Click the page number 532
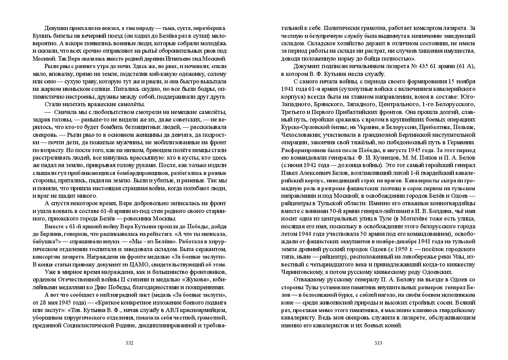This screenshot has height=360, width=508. tap(129, 343)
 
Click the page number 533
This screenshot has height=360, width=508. tap(378, 343)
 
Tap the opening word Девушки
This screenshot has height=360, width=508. tap(56, 28)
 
